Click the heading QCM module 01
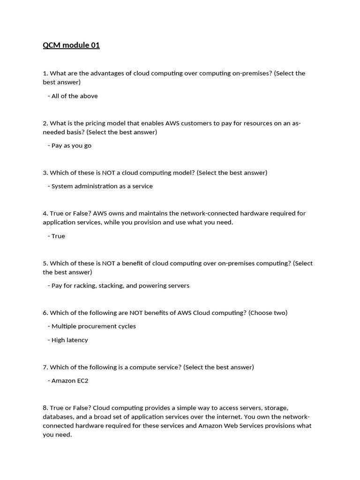point(71,45)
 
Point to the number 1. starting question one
point(45,73)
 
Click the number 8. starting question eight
point(45,408)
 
